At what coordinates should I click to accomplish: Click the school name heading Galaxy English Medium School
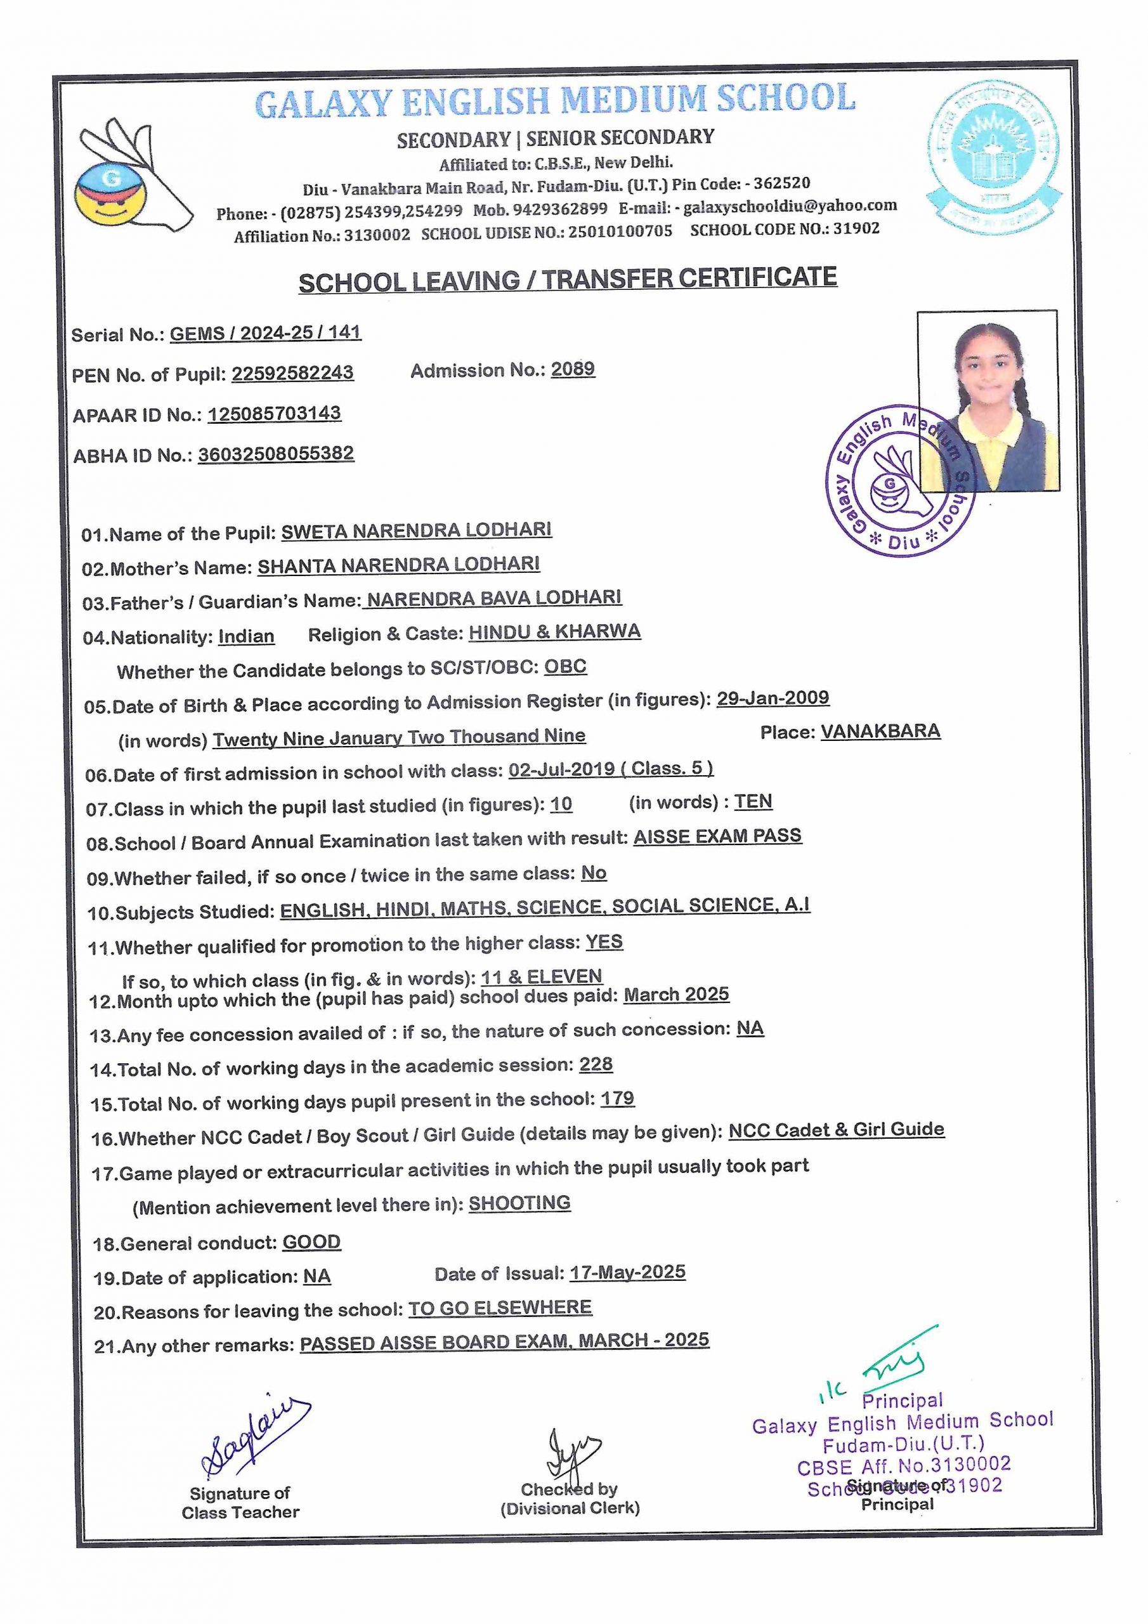554,100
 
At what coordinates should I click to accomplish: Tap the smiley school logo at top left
131,177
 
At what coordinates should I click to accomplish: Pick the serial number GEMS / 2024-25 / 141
265,333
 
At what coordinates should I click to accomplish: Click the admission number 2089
572,369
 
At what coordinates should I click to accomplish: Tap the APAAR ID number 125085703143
274,414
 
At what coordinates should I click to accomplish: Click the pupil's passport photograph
988,400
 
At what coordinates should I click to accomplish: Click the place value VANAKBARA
880,731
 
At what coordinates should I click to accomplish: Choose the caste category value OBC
565,667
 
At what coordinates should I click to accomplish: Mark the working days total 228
596,1064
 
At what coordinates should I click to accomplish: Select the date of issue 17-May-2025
627,1273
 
